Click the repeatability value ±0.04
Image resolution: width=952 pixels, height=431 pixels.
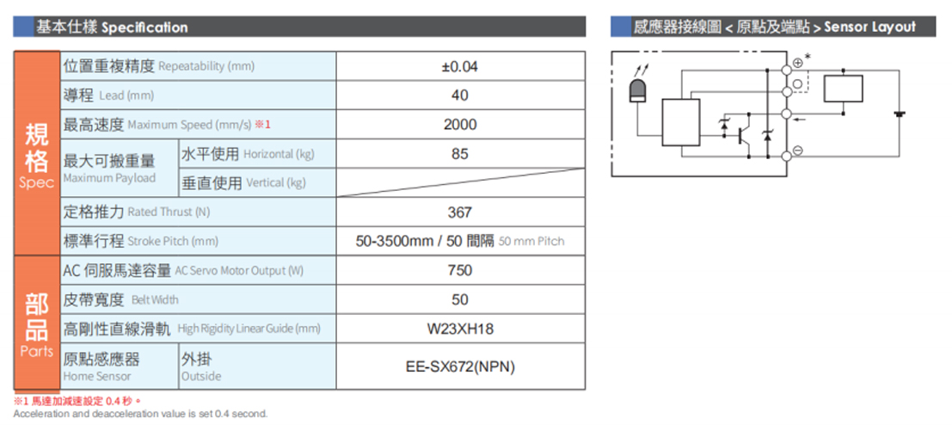pos(460,66)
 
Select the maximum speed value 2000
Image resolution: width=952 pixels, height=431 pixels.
pos(460,125)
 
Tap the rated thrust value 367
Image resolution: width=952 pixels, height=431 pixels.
pos(459,212)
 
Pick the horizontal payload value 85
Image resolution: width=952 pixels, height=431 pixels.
pos(460,154)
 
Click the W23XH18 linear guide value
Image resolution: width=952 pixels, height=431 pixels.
pos(460,329)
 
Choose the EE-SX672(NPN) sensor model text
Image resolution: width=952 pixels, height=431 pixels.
pos(460,366)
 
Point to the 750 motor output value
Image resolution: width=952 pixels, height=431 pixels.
pos(459,270)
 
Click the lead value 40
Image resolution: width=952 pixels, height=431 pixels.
pos(460,95)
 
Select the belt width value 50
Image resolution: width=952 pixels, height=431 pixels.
pos(460,300)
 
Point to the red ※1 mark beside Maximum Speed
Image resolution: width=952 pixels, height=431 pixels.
pos(261,125)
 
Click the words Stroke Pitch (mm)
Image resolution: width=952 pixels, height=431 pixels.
pos(173,242)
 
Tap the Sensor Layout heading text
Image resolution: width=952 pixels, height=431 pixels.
pos(870,28)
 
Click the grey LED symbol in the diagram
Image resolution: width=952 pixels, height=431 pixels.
pos(637,90)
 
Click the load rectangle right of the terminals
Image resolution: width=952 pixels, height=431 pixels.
pos(844,89)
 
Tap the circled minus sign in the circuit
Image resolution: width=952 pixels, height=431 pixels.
pos(798,151)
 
